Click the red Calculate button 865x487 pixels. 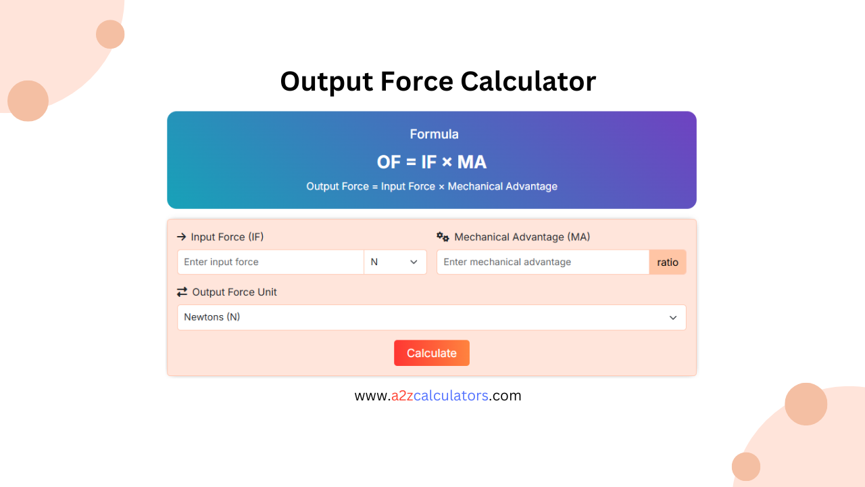tap(431, 353)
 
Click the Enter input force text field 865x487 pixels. tap(270, 262)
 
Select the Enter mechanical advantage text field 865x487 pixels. tap(543, 262)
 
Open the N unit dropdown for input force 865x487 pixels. tap(395, 262)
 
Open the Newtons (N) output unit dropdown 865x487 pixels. tap(431, 317)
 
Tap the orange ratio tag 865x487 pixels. tap(668, 262)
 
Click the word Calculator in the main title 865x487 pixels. tap(528, 81)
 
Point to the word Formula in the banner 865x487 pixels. tap(434, 134)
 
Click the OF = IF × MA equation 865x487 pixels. tap(431, 162)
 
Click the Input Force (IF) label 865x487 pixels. tap(227, 237)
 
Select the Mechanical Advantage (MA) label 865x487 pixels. tap(522, 237)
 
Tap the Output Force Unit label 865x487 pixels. tap(234, 292)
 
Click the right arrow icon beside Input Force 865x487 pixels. tap(181, 237)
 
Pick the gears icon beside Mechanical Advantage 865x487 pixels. tap(443, 237)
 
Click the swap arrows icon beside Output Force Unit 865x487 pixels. tap(182, 292)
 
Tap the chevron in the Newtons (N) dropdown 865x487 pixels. tap(673, 318)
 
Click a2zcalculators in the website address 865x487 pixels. tap(440, 396)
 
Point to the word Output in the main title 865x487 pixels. tap(325, 81)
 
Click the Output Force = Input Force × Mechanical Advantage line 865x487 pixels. tap(431, 186)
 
